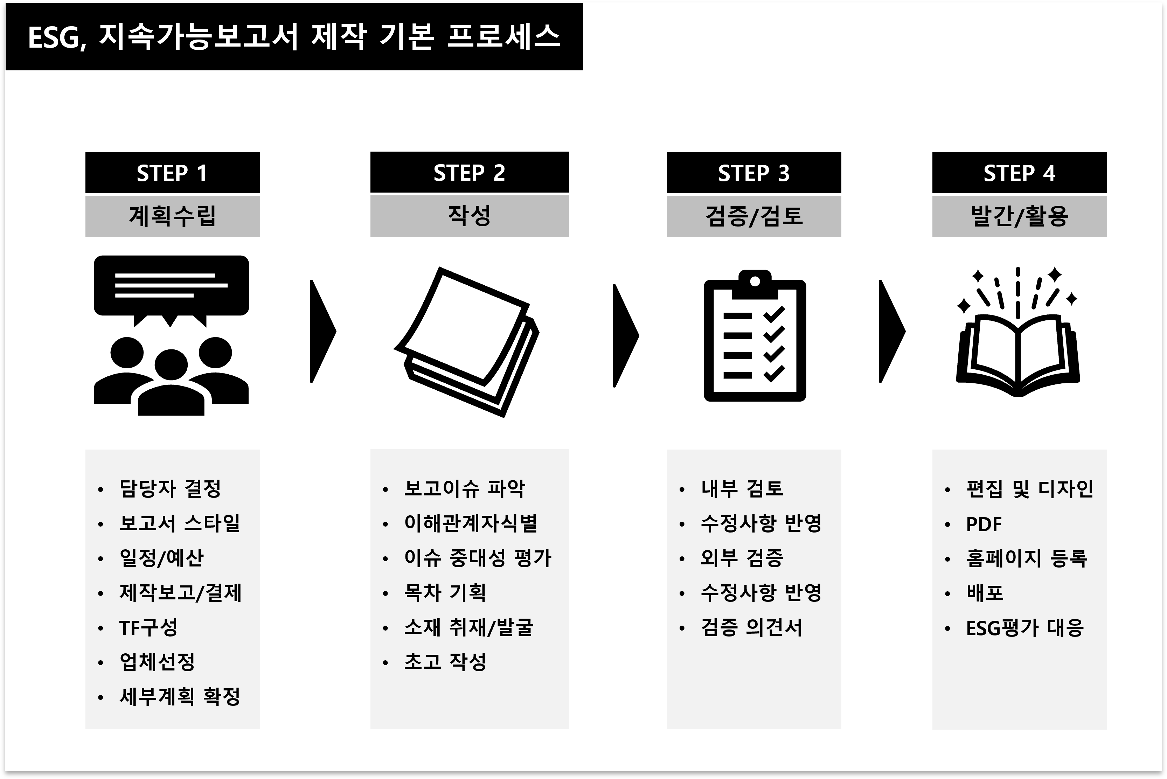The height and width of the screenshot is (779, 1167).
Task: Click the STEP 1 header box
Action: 172,172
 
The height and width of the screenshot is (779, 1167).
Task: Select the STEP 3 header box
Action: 753,172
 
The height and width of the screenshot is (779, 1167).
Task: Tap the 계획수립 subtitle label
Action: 172,216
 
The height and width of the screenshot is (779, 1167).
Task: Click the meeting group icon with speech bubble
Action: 172,335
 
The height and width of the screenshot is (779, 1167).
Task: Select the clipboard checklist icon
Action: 754,336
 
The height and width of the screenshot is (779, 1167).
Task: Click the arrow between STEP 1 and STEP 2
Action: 322,331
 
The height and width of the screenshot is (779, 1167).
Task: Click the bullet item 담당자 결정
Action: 170,489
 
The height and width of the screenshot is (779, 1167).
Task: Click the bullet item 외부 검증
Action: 742,558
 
